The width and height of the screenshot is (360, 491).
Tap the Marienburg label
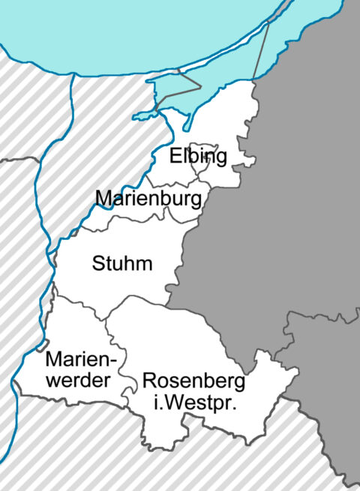pyautogui.click(x=149, y=199)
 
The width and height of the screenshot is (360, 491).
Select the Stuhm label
pyautogui.click(x=122, y=264)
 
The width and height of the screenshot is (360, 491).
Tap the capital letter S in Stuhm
pyautogui.click(x=97, y=264)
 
